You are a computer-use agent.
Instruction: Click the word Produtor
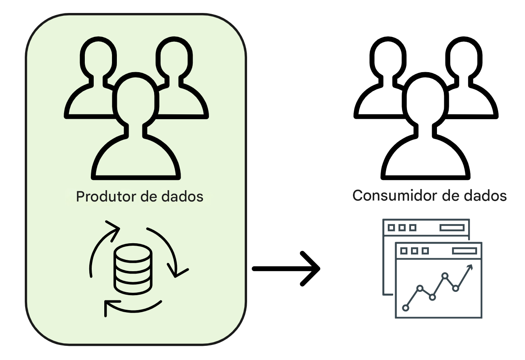pyautogui.click(x=106, y=196)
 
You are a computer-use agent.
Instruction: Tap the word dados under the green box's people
pyautogui.click(x=182, y=196)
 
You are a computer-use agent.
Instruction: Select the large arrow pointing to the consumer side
pyautogui.click(x=286, y=269)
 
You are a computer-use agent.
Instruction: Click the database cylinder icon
pyautogui.click(x=133, y=269)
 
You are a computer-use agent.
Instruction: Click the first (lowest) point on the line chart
pyautogui.click(x=405, y=308)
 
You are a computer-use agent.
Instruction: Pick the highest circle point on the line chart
pyautogui.click(x=445, y=276)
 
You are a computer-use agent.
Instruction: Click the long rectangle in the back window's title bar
pyautogui.click(x=452, y=228)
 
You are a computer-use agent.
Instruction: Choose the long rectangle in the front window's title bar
pyautogui.click(x=465, y=251)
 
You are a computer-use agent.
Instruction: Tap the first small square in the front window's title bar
pyautogui.click(x=404, y=251)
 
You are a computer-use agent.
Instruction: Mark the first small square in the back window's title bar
pyautogui.click(x=391, y=228)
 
